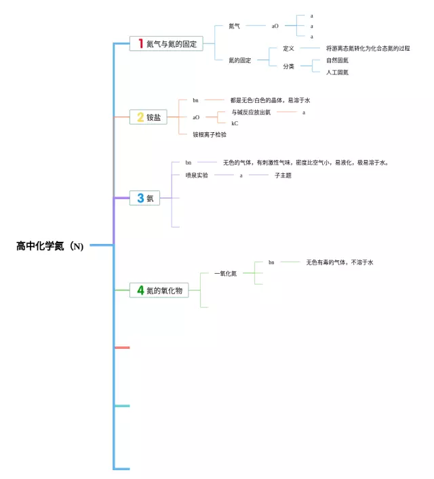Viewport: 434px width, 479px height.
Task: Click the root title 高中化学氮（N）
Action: (x=50, y=246)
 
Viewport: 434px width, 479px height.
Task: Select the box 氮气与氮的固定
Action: (x=166, y=43)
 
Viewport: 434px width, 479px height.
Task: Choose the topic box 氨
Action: (x=146, y=198)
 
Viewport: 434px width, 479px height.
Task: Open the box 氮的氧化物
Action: (x=159, y=291)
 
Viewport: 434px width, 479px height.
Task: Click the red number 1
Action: (x=141, y=43)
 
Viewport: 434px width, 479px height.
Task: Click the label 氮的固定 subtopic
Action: (x=239, y=60)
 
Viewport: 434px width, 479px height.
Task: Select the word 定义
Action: (x=288, y=49)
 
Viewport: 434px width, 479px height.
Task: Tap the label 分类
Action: (x=288, y=66)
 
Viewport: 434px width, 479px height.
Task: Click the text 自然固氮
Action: (x=337, y=60)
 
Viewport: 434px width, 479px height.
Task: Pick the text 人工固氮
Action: (x=337, y=72)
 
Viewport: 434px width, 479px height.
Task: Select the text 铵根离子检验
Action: (x=210, y=134)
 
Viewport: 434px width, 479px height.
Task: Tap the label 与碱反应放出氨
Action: (x=251, y=112)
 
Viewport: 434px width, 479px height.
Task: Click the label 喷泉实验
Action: (x=197, y=175)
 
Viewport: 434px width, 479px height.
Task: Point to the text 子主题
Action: (x=283, y=175)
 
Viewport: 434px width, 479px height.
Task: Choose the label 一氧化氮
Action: (x=225, y=273)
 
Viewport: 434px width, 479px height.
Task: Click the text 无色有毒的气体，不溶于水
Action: (x=340, y=262)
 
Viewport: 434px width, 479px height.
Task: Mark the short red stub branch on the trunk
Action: (x=122, y=348)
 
